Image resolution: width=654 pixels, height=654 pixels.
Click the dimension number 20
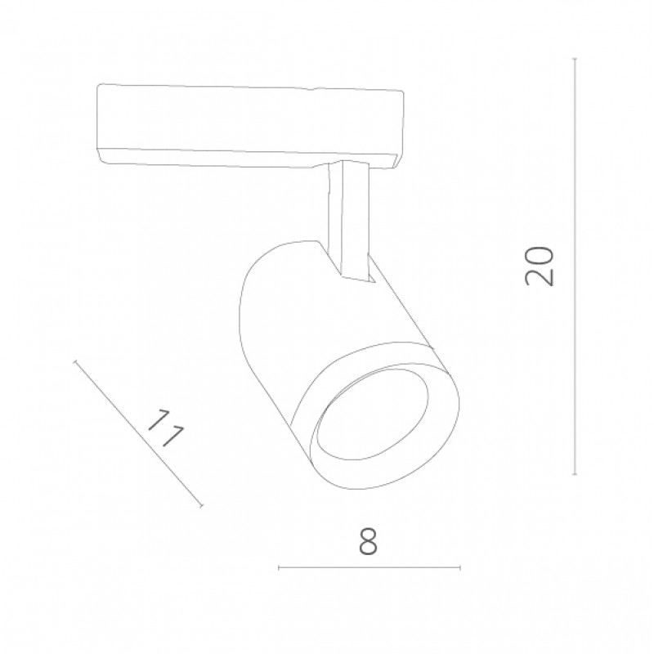pos(540,267)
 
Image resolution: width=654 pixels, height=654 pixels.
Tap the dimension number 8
pos(369,541)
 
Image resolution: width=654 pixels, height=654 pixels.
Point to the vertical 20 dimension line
pos(575,267)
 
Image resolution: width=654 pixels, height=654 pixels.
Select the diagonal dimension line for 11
pos(138,434)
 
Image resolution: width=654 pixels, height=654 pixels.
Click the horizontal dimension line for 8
pos(370,567)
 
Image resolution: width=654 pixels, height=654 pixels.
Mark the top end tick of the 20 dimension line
pos(575,58)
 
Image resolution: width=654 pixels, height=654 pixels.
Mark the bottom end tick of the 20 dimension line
pos(575,474)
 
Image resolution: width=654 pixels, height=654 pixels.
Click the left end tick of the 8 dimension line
pos(279,567)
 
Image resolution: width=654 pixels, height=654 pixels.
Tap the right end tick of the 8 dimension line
pos(459,567)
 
